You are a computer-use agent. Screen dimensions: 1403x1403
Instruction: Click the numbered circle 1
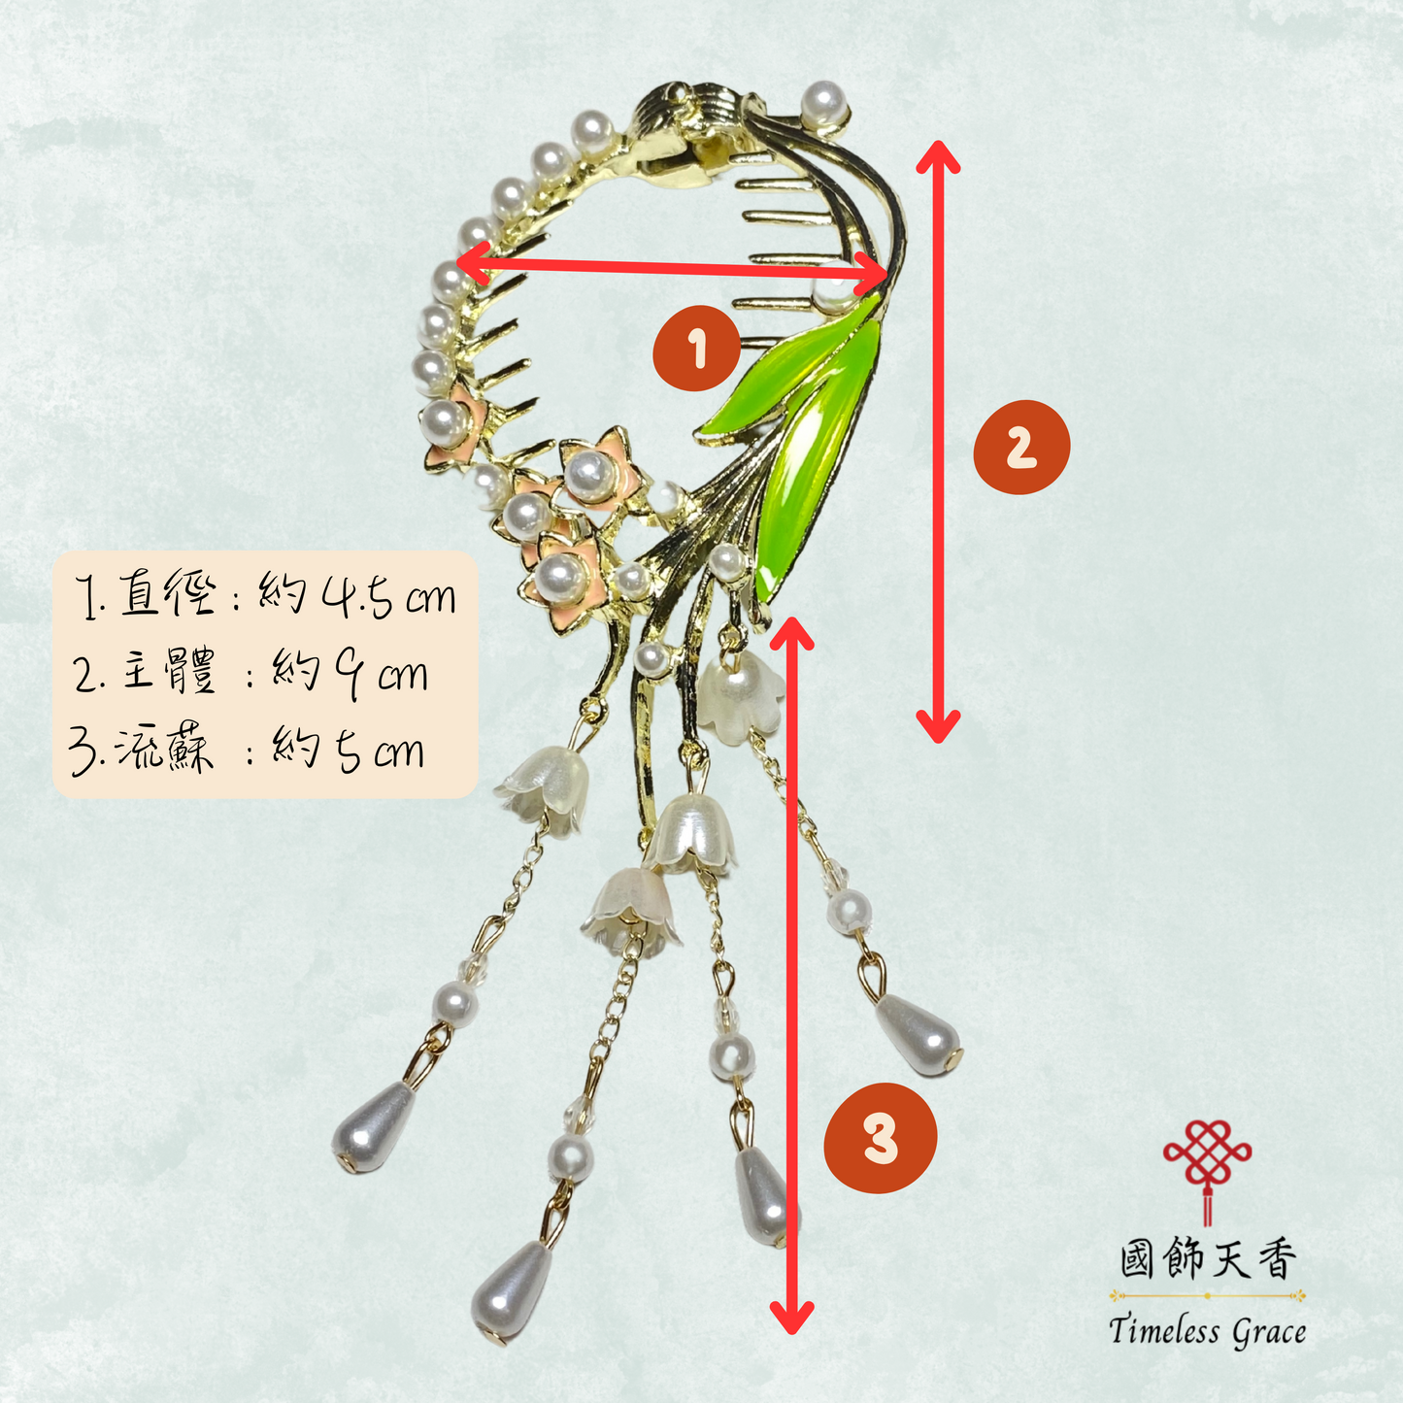(697, 348)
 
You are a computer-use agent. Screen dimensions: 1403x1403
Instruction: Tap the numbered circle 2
(1021, 447)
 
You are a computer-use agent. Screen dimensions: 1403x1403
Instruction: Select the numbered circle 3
(881, 1137)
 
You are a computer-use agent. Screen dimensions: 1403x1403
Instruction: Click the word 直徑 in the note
(168, 592)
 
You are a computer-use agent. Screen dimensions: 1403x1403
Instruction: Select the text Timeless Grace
(1207, 1332)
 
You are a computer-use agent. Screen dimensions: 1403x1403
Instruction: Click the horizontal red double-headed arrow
(672, 269)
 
